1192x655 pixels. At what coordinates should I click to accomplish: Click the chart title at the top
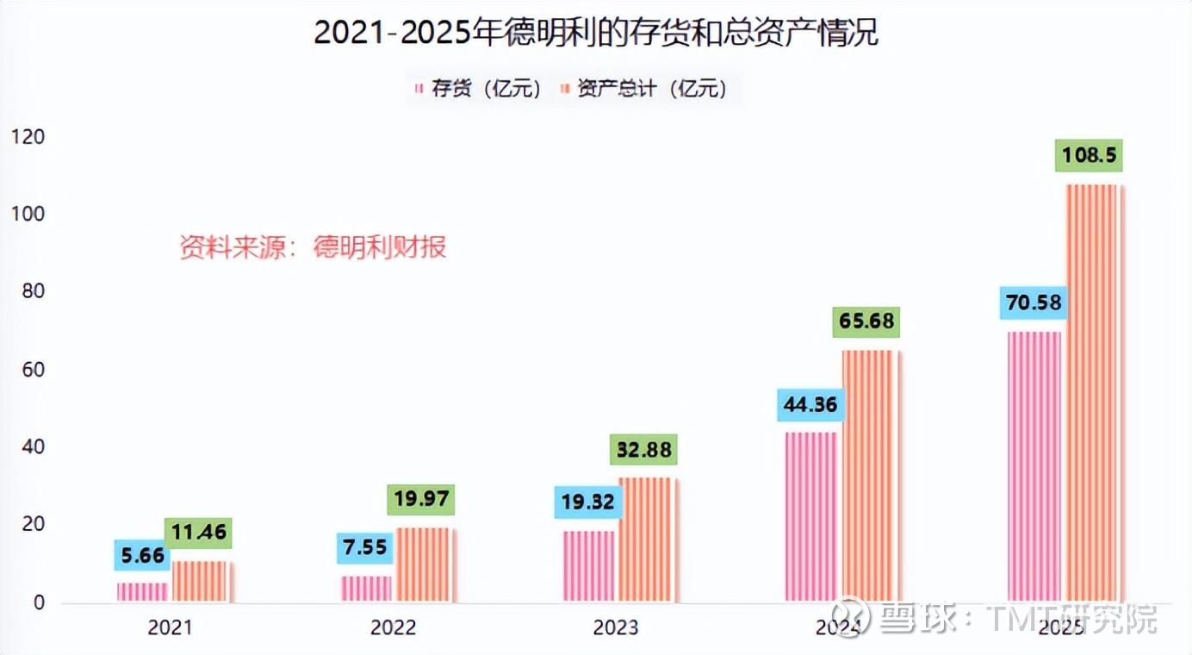595,34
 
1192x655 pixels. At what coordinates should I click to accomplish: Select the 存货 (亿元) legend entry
478,89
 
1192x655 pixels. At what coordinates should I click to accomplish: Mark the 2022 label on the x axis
393,627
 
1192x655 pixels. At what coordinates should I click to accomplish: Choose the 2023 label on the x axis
616,627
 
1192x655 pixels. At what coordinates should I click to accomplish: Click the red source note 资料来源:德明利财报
313,247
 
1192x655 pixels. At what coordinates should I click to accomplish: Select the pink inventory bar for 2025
1034,466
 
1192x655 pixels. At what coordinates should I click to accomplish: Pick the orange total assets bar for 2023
648,540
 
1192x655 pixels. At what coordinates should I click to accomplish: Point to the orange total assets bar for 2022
425,565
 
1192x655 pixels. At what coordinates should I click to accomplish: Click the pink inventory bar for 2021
143,593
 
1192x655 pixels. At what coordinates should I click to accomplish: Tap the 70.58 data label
1033,303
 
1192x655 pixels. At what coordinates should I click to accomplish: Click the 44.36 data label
811,404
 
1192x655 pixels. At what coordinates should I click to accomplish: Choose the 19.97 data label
421,500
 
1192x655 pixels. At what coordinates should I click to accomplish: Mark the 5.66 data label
143,555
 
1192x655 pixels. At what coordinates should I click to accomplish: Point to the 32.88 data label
643,450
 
